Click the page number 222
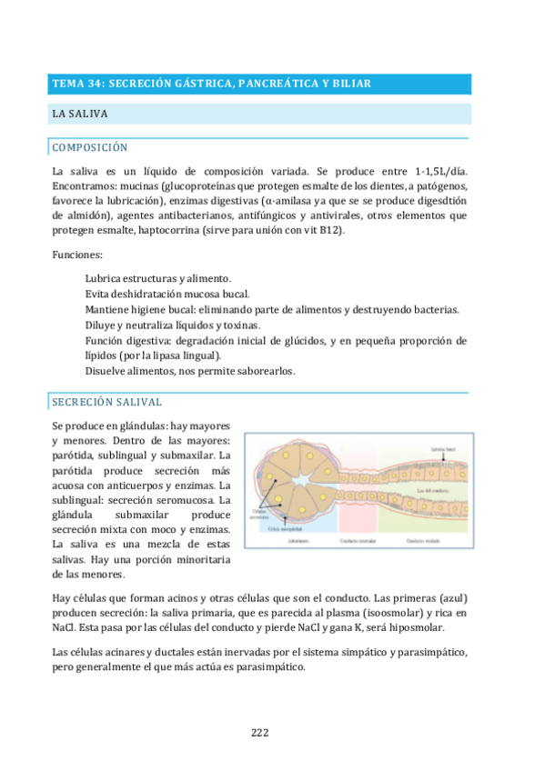click(x=259, y=733)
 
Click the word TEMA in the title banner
click(x=67, y=84)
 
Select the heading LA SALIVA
click(x=80, y=115)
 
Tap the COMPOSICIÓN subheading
click(x=90, y=147)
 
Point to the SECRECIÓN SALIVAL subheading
click(x=107, y=401)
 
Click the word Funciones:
click(x=77, y=255)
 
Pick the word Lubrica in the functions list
click(x=104, y=277)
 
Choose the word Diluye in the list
click(x=102, y=325)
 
